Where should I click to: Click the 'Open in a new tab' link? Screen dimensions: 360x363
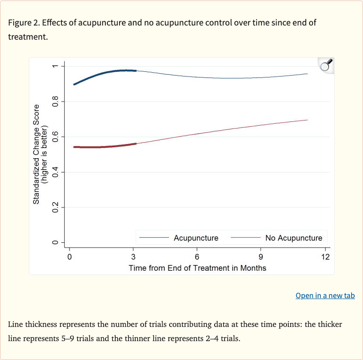(325, 296)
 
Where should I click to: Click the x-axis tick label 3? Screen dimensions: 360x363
(133, 257)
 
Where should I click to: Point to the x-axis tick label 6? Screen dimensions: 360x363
(197, 257)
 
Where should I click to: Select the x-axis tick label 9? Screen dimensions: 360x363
(261, 257)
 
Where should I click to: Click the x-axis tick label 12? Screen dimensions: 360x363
(325, 257)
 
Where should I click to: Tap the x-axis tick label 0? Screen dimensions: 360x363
(69, 257)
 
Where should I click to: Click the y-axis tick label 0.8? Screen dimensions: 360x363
(55, 102)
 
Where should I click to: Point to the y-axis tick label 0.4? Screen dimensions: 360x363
(55, 172)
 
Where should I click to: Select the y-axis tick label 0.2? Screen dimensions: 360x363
(55, 207)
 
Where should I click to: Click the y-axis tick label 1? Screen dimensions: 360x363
(55, 66)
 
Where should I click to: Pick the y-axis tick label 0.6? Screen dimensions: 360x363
(55, 137)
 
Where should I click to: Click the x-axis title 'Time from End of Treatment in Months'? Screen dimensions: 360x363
(198, 268)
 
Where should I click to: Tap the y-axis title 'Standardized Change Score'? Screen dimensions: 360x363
(36, 161)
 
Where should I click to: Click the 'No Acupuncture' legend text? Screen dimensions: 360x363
(294, 238)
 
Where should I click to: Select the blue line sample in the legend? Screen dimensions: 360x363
(154, 238)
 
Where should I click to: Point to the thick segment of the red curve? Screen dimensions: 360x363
(104, 147)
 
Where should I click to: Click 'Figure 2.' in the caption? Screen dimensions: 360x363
(22, 23)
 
